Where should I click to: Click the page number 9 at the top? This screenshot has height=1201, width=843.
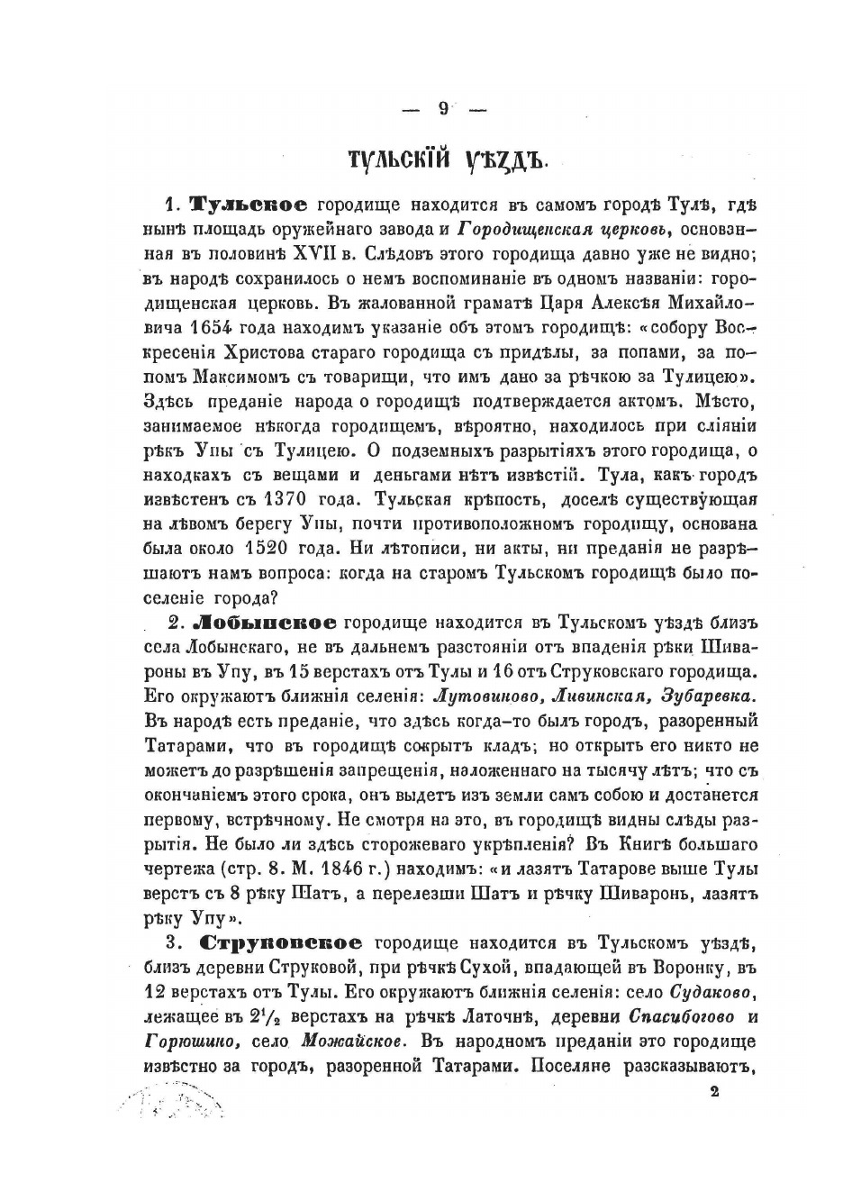tap(442, 108)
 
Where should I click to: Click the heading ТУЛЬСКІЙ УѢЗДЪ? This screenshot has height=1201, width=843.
tap(447, 163)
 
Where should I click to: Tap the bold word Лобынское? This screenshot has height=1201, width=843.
tap(266, 622)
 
